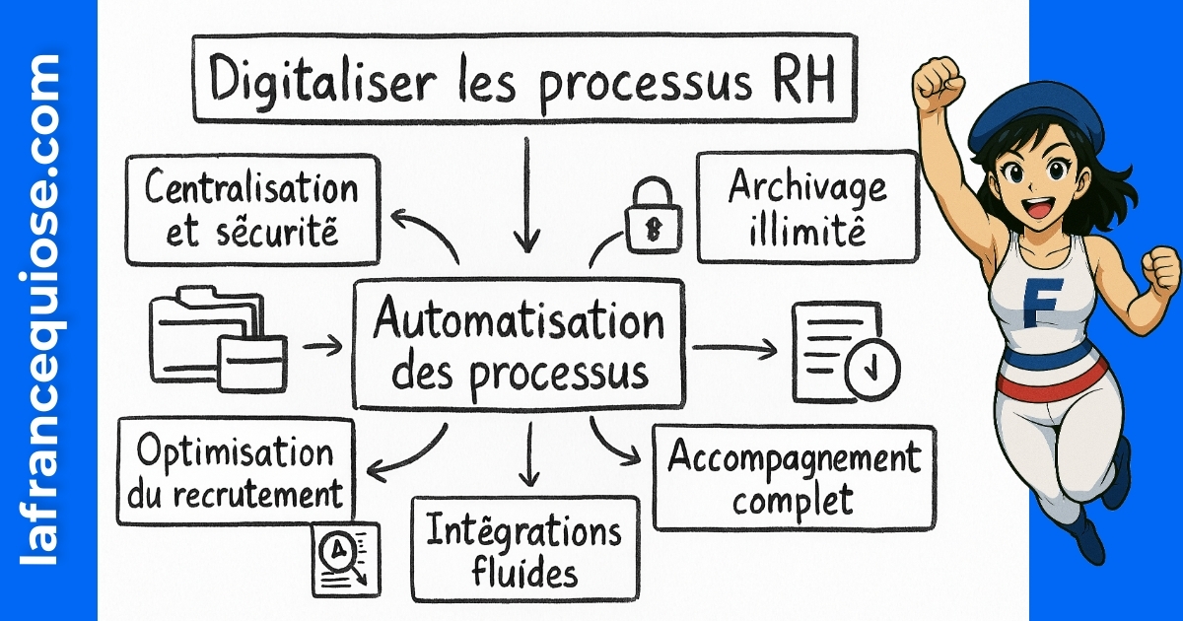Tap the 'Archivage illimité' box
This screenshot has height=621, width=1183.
tap(806, 206)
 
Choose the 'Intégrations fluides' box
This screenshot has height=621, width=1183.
tap(524, 548)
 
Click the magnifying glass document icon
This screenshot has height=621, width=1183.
tap(345, 558)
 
